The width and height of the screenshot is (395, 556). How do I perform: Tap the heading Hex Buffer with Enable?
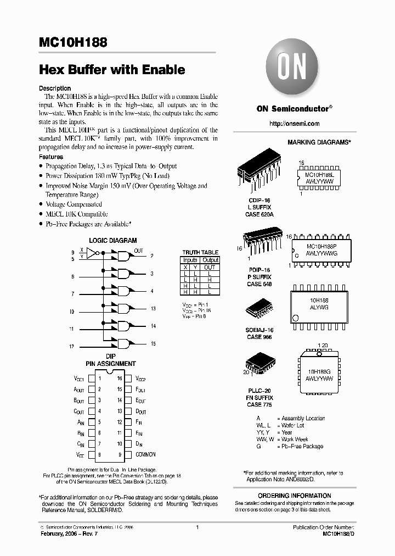112,70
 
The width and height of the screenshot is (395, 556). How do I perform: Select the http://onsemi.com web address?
294,124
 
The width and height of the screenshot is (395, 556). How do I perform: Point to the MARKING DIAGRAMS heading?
319,142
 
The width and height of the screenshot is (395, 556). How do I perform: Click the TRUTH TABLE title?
200,252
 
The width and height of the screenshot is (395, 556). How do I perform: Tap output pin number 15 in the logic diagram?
153,343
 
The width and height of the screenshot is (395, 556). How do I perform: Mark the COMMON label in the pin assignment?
145,454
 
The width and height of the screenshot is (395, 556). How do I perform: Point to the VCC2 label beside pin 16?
141,379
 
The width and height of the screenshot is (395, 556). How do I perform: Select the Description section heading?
55,88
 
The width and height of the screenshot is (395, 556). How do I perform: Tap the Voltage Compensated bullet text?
74,204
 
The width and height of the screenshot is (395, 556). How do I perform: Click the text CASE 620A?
259,214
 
